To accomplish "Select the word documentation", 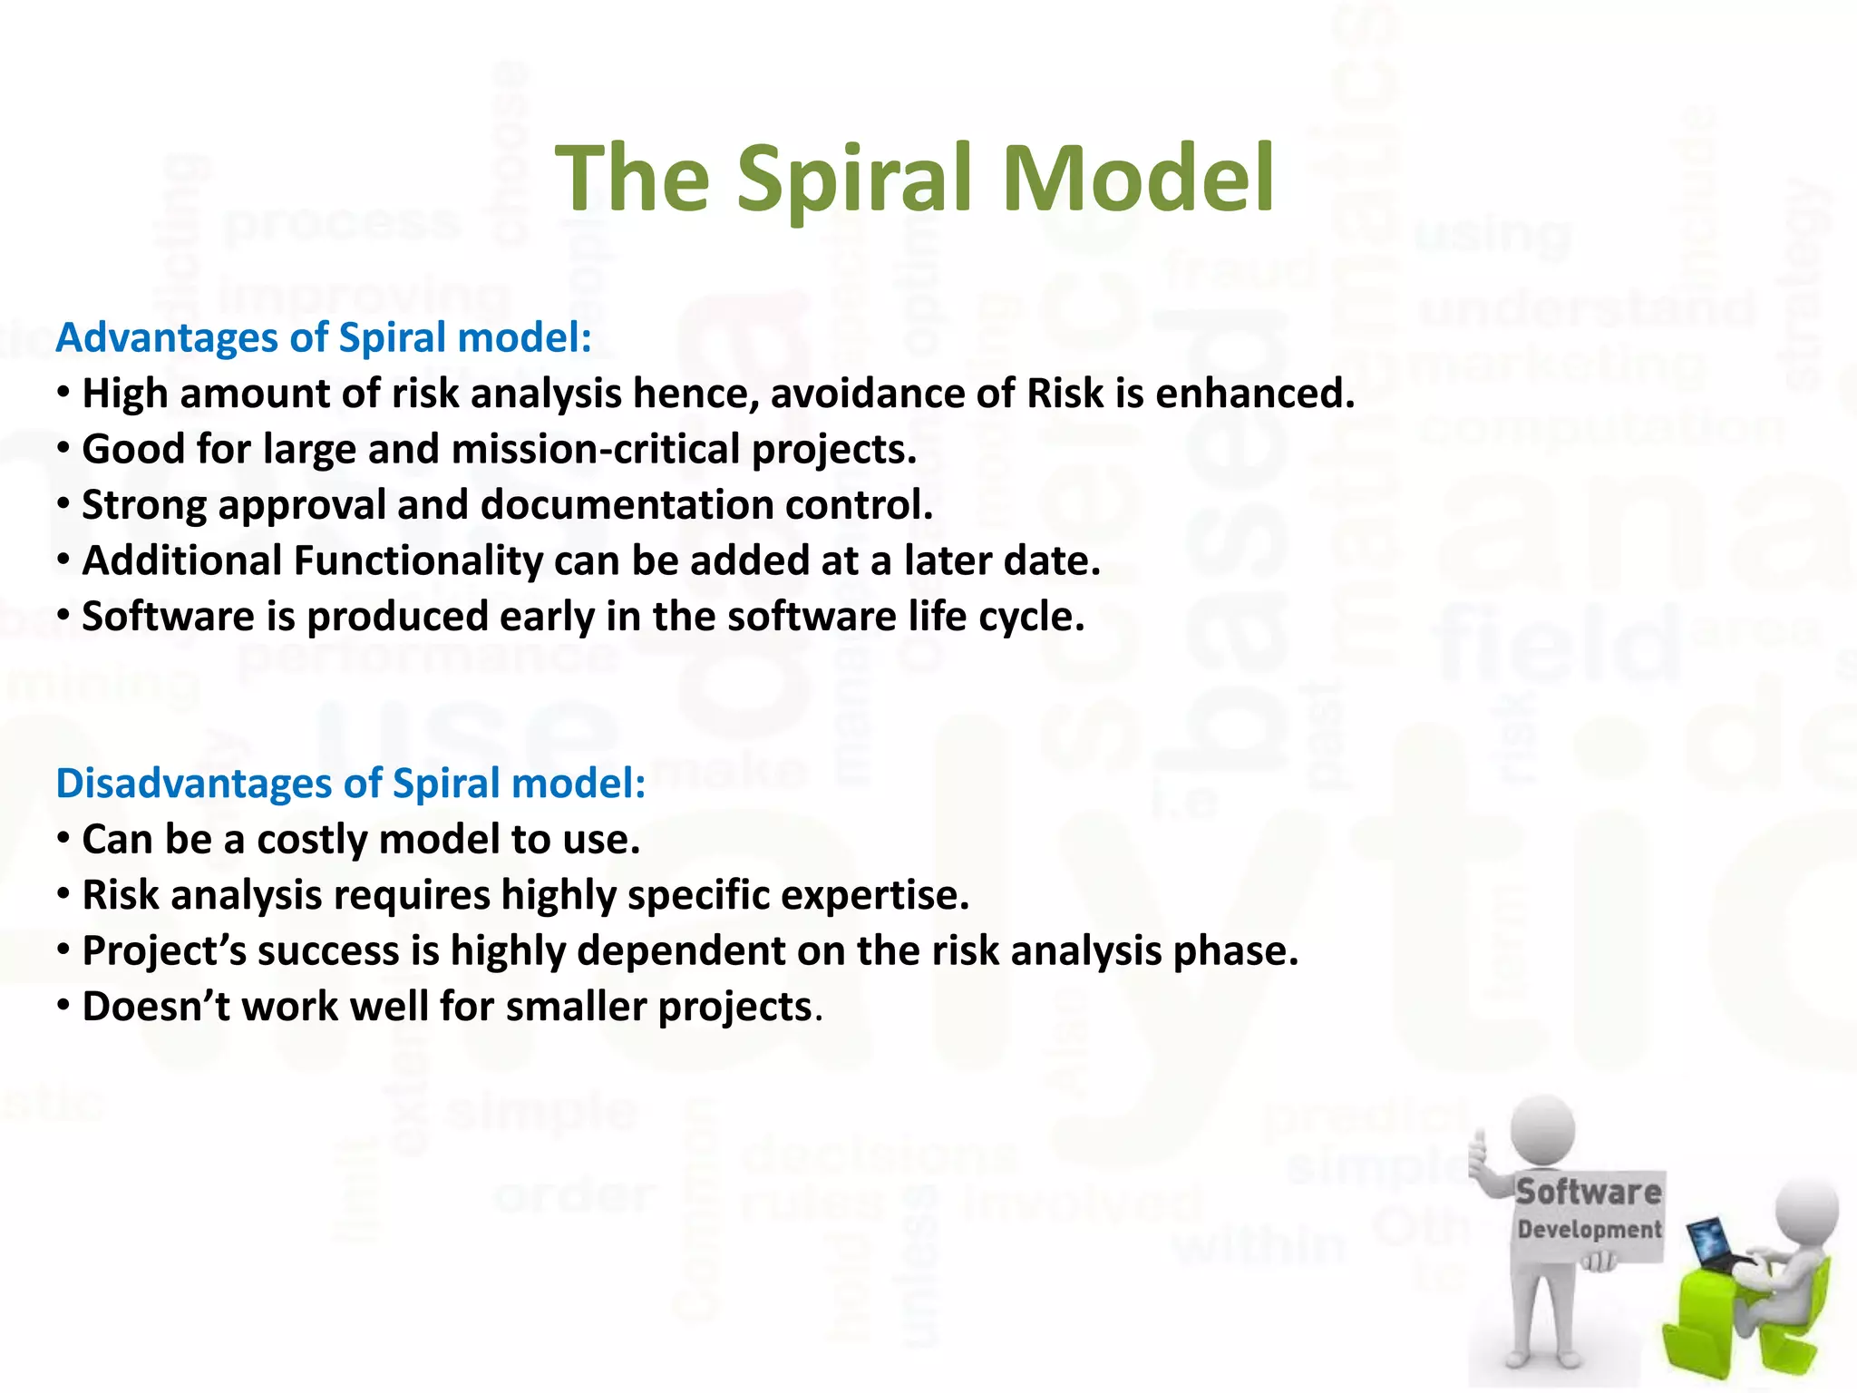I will coord(627,505).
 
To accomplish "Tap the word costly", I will coord(312,840).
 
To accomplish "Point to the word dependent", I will coord(681,951).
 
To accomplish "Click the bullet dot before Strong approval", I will coord(63,505).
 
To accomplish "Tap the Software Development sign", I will coord(1589,1211).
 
